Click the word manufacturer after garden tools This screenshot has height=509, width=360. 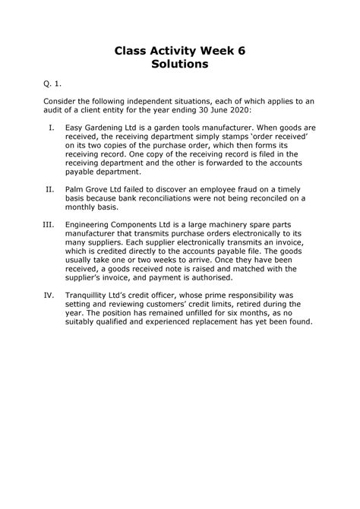coord(238,128)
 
